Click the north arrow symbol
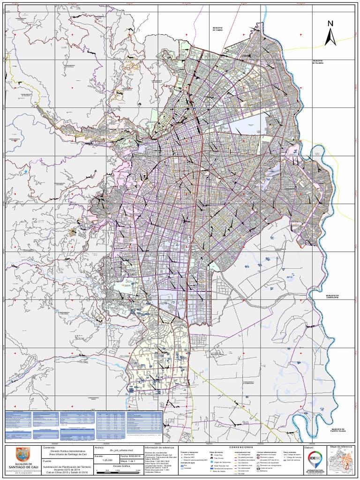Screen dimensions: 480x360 click(x=331, y=37)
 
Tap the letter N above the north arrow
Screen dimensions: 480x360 click(x=330, y=24)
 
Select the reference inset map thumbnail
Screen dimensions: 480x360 click(x=343, y=462)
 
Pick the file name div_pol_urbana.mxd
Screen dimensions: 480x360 click(x=121, y=449)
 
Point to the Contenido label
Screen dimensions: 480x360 click(x=49, y=448)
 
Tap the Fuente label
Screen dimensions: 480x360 click(x=47, y=461)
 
